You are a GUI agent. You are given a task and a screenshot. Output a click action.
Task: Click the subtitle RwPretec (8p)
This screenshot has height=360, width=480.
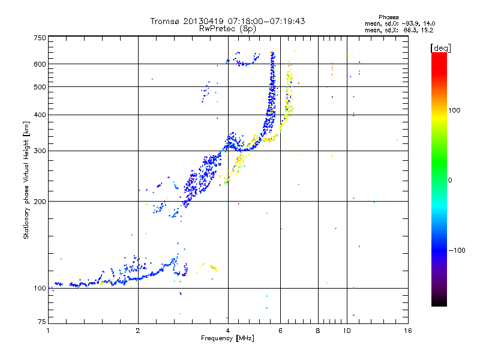[x=227, y=29]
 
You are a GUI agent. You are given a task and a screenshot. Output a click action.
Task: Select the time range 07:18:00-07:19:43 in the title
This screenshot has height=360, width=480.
[x=266, y=21]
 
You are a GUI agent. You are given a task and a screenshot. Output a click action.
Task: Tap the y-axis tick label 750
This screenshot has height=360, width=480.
[x=40, y=38]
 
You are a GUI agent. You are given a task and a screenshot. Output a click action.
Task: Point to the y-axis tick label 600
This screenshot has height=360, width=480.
[x=40, y=64]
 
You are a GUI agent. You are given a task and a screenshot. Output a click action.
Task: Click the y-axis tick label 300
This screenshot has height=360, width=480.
[x=40, y=151]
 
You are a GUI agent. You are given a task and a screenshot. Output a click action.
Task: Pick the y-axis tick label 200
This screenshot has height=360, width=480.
[x=40, y=202]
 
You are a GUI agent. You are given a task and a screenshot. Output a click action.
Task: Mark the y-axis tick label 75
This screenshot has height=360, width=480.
[x=41, y=322]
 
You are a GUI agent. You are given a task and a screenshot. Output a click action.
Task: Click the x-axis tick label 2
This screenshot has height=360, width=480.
[x=138, y=331]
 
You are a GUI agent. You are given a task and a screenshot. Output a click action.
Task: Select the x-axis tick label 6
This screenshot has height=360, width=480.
[x=280, y=331]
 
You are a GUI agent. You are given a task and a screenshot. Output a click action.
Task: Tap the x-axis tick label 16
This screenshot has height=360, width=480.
[x=408, y=331]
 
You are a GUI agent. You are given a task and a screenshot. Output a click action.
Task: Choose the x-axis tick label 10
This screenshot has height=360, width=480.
[x=347, y=331]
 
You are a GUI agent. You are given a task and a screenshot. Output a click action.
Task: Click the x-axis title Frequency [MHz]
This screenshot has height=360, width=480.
[x=227, y=338]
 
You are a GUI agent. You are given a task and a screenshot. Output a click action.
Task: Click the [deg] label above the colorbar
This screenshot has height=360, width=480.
[x=440, y=48]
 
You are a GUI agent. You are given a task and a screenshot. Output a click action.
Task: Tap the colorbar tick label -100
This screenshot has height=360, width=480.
[x=457, y=250]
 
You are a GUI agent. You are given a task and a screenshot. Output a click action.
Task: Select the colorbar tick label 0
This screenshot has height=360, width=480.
[x=450, y=181]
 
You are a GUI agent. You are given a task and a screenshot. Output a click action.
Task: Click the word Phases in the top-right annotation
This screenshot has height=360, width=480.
[x=388, y=17]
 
